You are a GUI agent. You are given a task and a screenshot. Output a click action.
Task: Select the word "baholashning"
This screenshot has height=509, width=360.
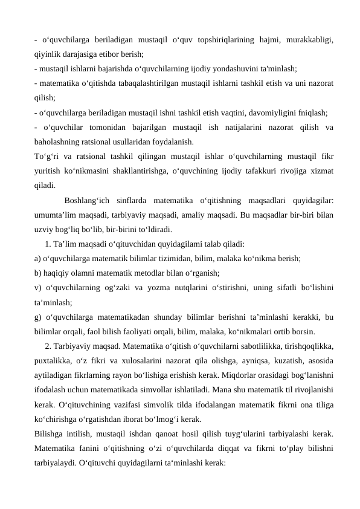click(x=56, y=142)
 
